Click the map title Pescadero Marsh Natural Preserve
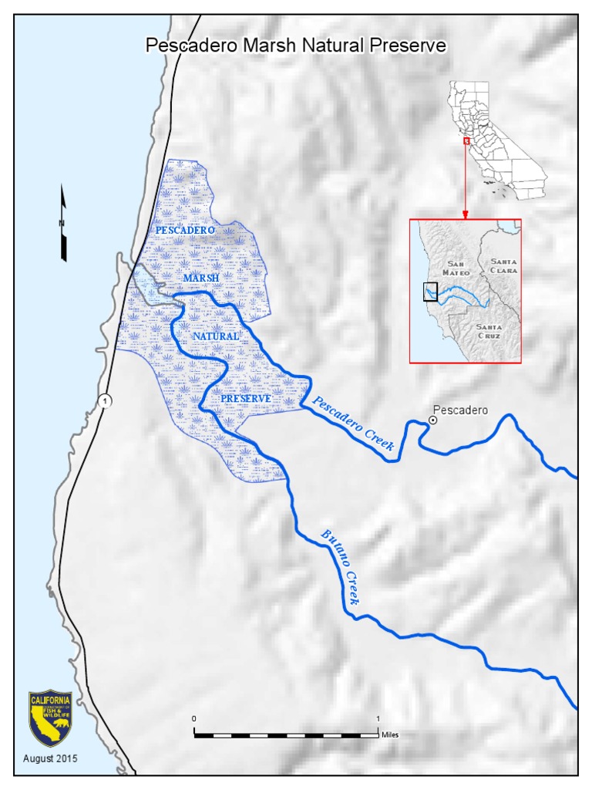click(x=296, y=46)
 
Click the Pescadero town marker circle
click(x=433, y=420)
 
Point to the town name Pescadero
click(x=461, y=410)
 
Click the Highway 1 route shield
click(x=104, y=400)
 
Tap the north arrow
click(x=64, y=225)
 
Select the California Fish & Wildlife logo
click(x=50, y=718)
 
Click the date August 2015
click(x=50, y=758)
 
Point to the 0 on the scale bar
click(x=194, y=719)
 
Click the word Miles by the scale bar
click(x=390, y=735)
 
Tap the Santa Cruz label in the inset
click(x=489, y=332)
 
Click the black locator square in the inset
click(x=430, y=292)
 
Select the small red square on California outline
click(x=466, y=141)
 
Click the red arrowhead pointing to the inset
click(x=466, y=214)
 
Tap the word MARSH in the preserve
click(x=202, y=278)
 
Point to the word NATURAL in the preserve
click(x=216, y=337)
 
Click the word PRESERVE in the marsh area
click(x=246, y=398)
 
